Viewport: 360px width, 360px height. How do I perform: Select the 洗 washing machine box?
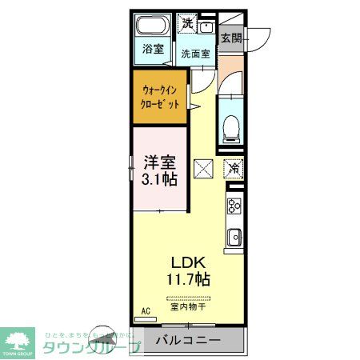pyautogui.click(x=187, y=22)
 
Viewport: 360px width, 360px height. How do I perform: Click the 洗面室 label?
pyautogui.click(x=195, y=54)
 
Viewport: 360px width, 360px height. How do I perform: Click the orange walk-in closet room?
pyautogui.click(x=159, y=98)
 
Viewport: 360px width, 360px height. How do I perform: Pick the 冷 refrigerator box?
pyautogui.click(x=234, y=169)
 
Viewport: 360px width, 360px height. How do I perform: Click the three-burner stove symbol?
pyautogui.click(x=234, y=206)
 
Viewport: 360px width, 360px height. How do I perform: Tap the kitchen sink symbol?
pyautogui.click(x=234, y=237)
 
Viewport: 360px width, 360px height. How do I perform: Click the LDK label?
pyautogui.click(x=188, y=262)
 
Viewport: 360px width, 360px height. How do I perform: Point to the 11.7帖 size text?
pyautogui.click(x=188, y=280)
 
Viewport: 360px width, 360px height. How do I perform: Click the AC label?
pyautogui.click(x=146, y=310)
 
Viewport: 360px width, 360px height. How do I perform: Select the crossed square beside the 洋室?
pyautogui.click(x=203, y=169)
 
